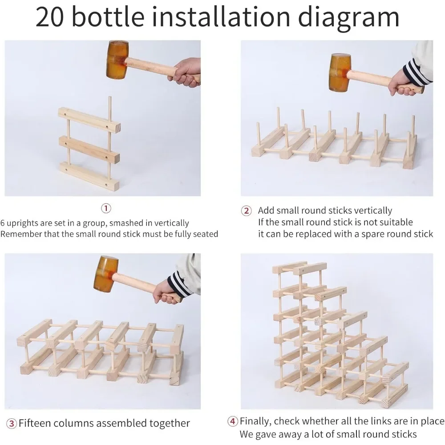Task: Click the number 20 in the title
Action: click(50, 17)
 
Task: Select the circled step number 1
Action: click(106, 209)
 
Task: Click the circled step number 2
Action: click(246, 211)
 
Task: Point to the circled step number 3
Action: click(12, 424)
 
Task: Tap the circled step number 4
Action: click(233, 421)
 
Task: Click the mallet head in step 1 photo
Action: click(117, 60)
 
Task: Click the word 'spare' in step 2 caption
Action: click(365, 235)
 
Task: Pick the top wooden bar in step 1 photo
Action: click(89, 119)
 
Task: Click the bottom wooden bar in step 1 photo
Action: click(89, 176)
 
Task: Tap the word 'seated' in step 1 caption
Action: click(206, 234)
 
